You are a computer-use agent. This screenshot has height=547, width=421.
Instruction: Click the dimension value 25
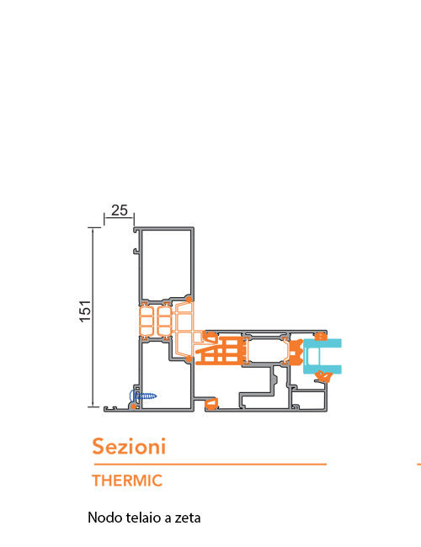[120, 210]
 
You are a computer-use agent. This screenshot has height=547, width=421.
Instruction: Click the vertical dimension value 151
[85, 311]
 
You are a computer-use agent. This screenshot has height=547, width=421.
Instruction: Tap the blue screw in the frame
[143, 396]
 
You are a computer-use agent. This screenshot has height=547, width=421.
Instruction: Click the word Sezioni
[129, 446]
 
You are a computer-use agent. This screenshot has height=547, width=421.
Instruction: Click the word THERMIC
[127, 481]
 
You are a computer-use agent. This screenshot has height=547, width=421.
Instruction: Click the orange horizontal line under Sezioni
[210, 465]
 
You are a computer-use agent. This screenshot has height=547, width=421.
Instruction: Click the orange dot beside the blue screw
[133, 406]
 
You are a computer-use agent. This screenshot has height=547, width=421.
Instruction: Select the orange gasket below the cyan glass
[323, 376]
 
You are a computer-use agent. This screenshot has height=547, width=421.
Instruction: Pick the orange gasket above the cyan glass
[321, 337]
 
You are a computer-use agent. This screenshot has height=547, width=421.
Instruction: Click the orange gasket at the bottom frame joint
[211, 403]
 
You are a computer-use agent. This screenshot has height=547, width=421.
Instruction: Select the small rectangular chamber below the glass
[309, 399]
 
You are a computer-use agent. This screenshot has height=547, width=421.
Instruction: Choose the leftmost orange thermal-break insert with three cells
[146, 321]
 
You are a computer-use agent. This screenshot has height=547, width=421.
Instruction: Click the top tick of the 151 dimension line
[94, 227]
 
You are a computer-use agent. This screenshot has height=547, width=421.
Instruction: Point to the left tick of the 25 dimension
[104, 220]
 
